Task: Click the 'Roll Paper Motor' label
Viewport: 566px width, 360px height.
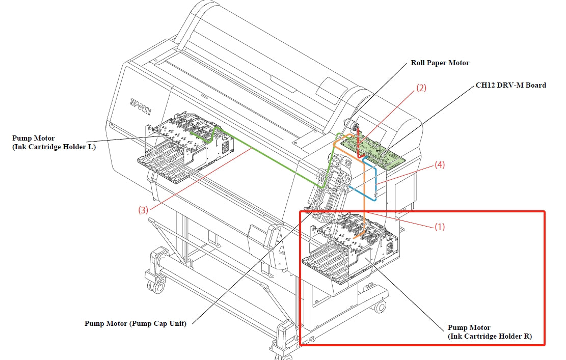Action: pyautogui.click(x=440, y=63)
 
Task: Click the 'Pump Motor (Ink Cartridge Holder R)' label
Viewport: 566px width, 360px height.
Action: pyautogui.click(x=490, y=332)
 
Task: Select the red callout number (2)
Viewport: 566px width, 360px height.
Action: pyautogui.click(x=421, y=88)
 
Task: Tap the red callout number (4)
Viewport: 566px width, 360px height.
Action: pyautogui.click(x=440, y=165)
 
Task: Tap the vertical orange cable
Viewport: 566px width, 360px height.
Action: pyautogui.click(x=365, y=193)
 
